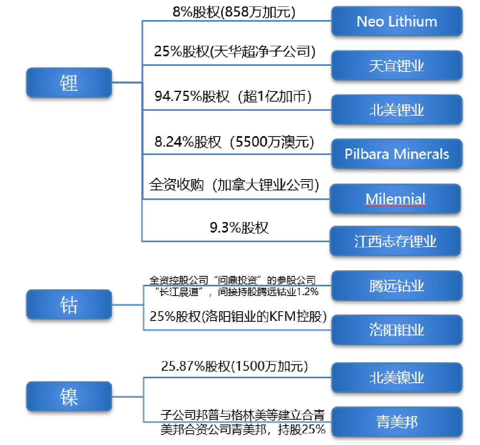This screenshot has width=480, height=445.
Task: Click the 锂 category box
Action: (x=69, y=83)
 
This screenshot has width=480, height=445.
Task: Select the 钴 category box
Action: (x=69, y=304)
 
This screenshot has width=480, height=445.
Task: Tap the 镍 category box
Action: (x=69, y=396)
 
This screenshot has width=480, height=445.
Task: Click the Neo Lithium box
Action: (x=397, y=21)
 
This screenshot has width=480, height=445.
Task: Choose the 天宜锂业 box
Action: (x=397, y=65)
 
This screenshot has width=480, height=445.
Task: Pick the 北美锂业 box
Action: (x=397, y=110)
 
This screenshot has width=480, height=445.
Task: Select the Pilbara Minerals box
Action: (x=397, y=154)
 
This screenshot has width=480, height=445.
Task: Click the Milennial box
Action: (x=395, y=199)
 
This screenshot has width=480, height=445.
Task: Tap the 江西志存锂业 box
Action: (x=395, y=241)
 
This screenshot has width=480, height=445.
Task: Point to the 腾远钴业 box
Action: (x=397, y=286)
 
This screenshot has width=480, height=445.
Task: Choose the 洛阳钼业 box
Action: (x=397, y=330)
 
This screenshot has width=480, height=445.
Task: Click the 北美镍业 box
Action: (x=397, y=378)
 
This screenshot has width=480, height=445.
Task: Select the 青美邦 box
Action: (x=397, y=422)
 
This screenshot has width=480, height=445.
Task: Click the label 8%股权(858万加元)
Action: (x=234, y=12)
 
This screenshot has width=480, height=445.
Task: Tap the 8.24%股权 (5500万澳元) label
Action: (x=234, y=142)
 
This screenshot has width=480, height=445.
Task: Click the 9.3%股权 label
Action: (x=239, y=228)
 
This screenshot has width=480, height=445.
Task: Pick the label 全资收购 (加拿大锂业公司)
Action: (x=234, y=185)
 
